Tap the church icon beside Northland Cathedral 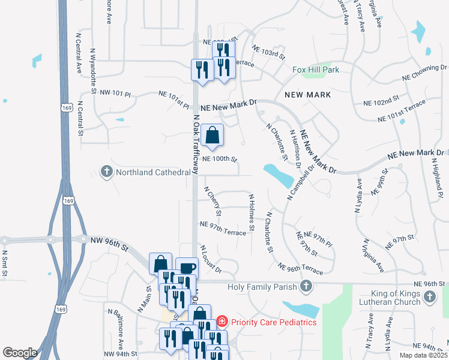click(x=107, y=172)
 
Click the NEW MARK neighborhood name click(x=308, y=95)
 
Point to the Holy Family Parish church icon click(x=306, y=286)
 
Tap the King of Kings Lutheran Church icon click(x=430, y=296)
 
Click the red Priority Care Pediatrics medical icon click(x=221, y=322)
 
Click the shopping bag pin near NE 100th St click(x=212, y=136)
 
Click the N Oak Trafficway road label click(x=196, y=142)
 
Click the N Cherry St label click(x=213, y=201)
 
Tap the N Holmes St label click(x=252, y=212)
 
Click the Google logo click(x=20, y=352)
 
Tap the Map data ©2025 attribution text click(x=423, y=355)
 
